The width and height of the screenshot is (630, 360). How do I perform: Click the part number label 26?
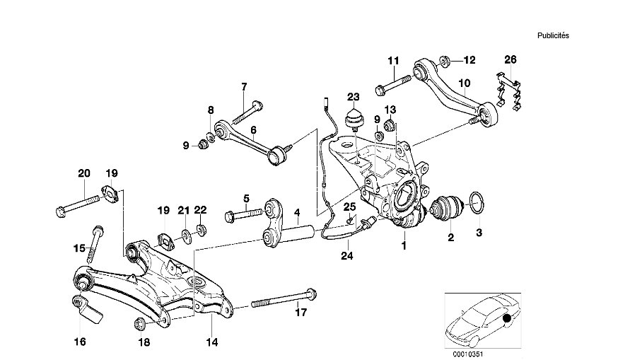(511, 60)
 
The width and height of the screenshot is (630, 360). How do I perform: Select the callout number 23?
(353, 97)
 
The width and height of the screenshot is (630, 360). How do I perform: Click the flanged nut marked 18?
(139, 324)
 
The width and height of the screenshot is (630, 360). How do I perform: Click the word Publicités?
(553, 35)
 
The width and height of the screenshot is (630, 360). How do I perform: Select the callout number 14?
(210, 341)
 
